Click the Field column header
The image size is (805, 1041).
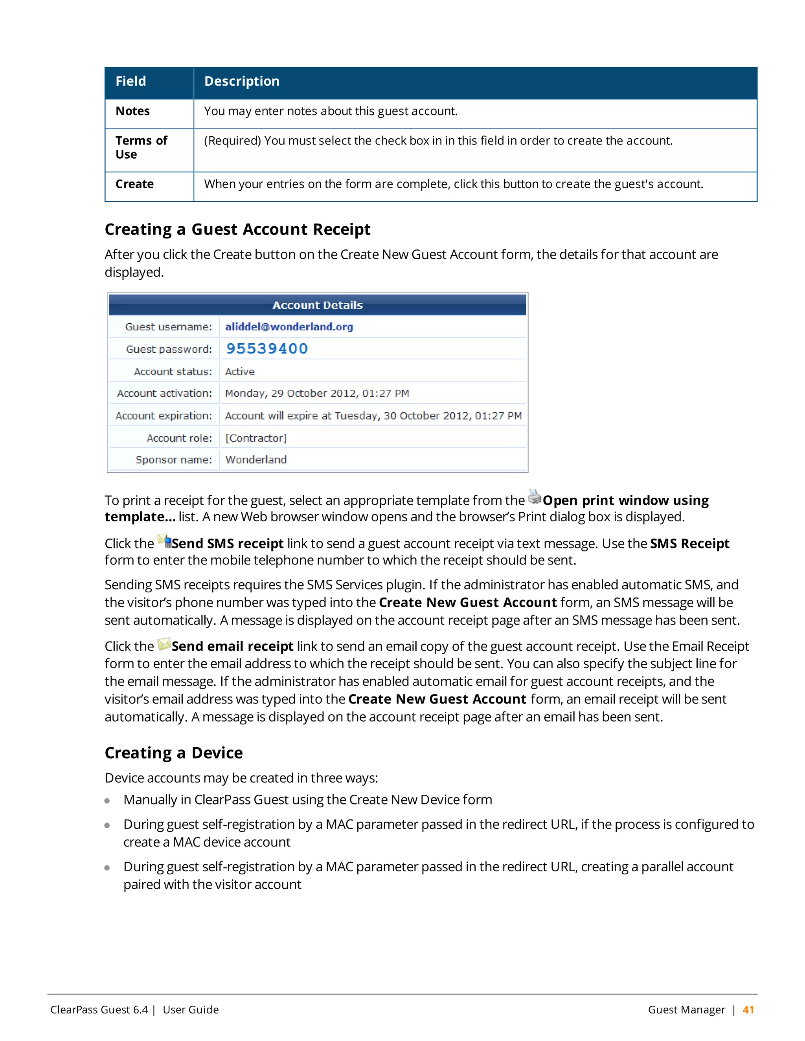click(130, 81)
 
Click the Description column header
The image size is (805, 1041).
click(242, 81)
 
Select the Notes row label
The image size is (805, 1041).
click(132, 111)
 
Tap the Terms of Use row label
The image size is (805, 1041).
click(141, 147)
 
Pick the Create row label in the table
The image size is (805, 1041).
click(134, 184)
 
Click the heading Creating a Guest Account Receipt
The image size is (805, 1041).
click(237, 229)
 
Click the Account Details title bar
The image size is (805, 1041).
click(318, 305)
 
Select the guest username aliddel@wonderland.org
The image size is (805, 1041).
click(289, 326)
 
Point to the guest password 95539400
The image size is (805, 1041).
click(266, 348)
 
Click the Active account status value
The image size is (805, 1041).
click(240, 371)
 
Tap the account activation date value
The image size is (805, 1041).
click(317, 393)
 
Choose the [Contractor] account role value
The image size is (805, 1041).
click(255, 438)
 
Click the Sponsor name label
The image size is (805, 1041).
click(174, 460)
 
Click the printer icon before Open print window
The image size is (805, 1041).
click(535, 497)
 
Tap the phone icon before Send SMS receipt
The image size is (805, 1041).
click(164, 541)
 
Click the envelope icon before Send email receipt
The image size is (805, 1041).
click(164, 644)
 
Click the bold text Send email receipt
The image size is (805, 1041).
click(232, 646)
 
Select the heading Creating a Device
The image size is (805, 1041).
click(174, 753)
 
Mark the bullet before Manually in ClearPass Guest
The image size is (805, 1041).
click(107, 801)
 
